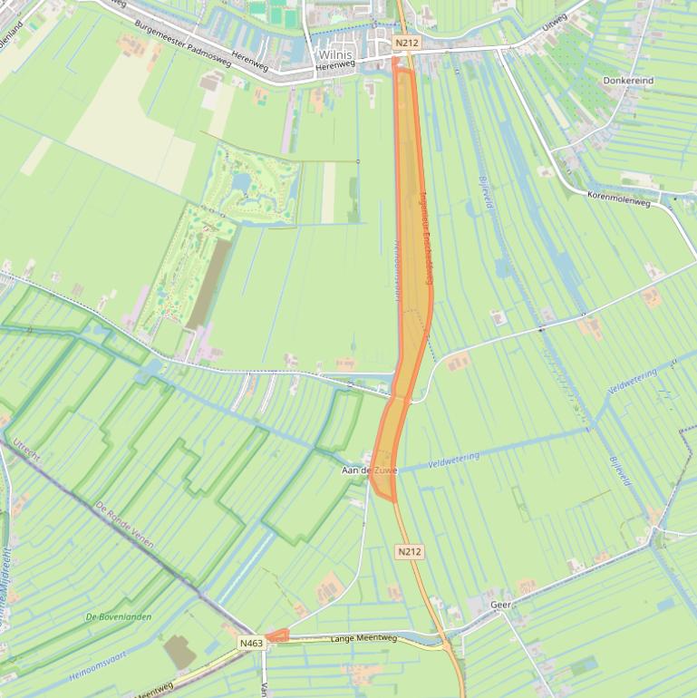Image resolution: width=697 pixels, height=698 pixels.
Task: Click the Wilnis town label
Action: (x=334, y=54)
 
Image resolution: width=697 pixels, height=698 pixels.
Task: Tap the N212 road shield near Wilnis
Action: (x=407, y=43)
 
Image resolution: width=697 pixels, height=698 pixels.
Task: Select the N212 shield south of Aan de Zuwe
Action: (x=410, y=551)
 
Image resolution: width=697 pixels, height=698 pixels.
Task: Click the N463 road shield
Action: (x=251, y=643)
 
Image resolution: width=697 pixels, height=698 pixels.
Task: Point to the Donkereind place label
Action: (x=628, y=81)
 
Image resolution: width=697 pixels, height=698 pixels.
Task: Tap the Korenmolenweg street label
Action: (x=619, y=195)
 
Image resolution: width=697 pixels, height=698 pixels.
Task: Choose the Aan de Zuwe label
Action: (x=369, y=471)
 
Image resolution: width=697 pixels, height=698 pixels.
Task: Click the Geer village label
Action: (x=500, y=604)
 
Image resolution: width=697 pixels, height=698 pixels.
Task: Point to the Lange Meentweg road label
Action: (x=364, y=638)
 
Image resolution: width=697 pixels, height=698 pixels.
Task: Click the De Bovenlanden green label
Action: (x=118, y=616)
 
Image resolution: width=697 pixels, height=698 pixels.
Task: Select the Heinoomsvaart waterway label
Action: (x=98, y=664)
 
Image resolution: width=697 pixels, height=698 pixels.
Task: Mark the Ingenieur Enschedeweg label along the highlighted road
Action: (x=426, y=241)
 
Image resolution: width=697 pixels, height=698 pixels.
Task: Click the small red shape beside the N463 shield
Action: (x=277, y=636)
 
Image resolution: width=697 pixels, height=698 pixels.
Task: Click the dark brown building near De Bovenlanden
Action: (x=178, y=652)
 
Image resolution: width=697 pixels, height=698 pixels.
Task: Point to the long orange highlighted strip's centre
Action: (x=410, y=272)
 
